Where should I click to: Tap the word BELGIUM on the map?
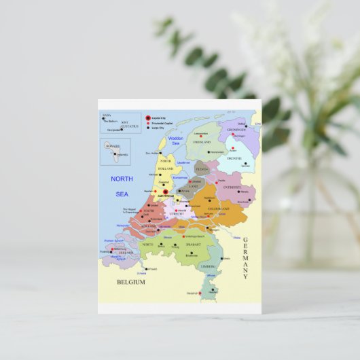click(130, 282)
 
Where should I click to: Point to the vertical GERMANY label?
click(246, 258)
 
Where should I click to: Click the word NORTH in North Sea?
click(122, 179)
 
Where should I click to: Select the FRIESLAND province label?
click(202, 142)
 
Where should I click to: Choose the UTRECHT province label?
click(176, 214)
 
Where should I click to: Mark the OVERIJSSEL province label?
click(233, 186)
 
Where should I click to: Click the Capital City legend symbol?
click(147, 117)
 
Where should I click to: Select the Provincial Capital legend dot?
click(147, 123)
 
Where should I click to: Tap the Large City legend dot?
click(147, 128)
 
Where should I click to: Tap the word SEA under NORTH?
click(122, 194)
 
